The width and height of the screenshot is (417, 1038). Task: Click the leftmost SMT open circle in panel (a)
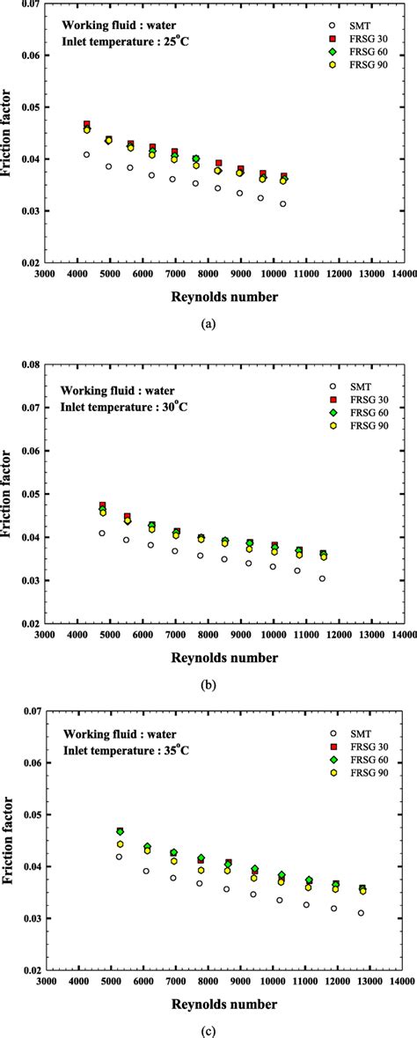87,155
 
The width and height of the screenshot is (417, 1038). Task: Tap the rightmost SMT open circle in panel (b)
323,578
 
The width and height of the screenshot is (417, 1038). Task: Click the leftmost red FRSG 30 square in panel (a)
87,125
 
